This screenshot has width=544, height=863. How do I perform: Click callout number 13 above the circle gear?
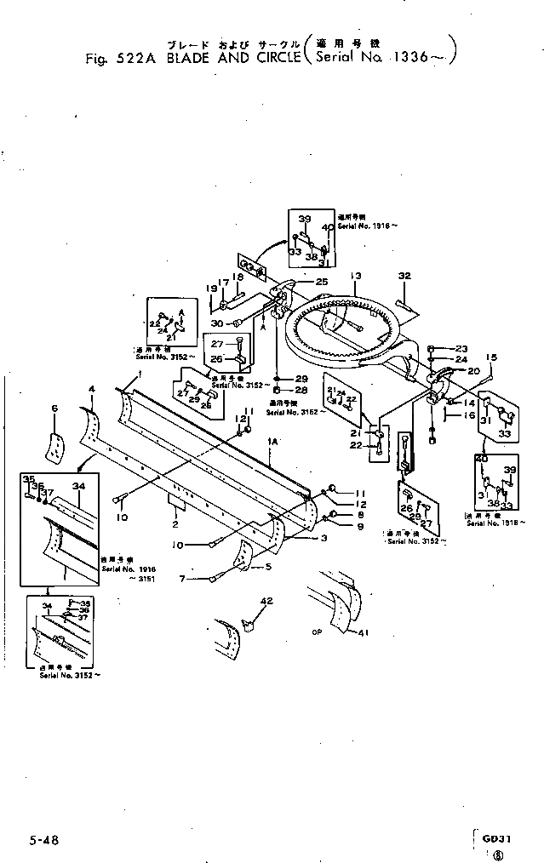355,275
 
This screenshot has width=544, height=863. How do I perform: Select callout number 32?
404,275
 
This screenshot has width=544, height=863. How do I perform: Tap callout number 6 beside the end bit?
54,409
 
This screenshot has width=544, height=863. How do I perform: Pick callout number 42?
266,601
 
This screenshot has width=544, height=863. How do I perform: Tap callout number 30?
217,323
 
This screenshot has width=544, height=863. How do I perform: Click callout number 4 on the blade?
91,389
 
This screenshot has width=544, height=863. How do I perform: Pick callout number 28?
301,389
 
